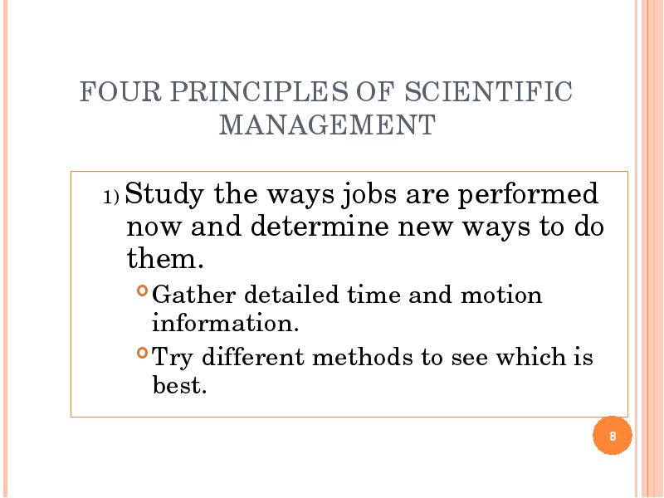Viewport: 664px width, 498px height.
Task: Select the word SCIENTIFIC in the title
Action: [488, 91]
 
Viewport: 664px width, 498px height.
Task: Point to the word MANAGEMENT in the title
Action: [327, 124]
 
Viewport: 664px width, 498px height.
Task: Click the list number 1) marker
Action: [111, 198]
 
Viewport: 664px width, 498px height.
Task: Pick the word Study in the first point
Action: [164, 195]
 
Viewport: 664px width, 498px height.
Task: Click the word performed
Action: [528, 195]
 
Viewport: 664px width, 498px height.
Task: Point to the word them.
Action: [165, 258]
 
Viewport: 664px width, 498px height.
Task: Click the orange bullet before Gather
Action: [143, 290]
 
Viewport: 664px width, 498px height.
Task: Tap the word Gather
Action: [193, 295]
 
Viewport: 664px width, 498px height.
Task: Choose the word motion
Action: [501, 295]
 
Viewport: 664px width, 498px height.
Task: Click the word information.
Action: [225, 323]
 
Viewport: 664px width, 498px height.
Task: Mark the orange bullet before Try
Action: [143, 352]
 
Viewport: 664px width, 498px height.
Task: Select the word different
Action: [253, 356]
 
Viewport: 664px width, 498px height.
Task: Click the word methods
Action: [363, 356]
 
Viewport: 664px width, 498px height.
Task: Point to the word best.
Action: [179, 384]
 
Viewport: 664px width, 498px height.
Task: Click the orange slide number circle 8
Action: [613, 436]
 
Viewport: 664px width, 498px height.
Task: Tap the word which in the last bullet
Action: [531, 356]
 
